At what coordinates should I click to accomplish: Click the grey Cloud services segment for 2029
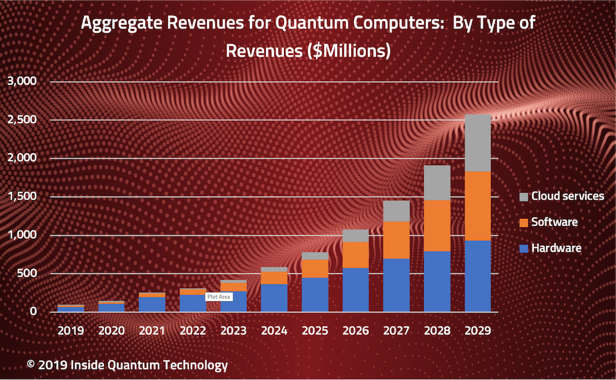[477, 142]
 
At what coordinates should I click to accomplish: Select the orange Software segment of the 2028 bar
[437, 225]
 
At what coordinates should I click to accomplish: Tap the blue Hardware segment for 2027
[396, 285]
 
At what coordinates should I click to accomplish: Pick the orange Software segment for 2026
[355, 255]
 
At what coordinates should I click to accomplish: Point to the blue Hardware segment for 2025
[315, 294]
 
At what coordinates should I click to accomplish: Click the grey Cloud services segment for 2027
[396, 211]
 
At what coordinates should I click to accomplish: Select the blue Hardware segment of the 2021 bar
[152, 304]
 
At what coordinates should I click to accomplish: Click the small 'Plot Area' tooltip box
[219, 296]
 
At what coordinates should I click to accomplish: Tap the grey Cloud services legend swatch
[524, 196]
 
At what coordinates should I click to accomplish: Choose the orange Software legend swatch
[524, 222]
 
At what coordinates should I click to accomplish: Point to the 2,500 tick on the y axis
[22, 119]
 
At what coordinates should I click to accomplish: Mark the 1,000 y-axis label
[22, 235]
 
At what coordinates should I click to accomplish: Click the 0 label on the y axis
[34, 312]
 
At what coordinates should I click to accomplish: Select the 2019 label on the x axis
[71, 331]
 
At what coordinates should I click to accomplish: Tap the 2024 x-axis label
[274, 331]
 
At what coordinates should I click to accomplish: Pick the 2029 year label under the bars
[477, 331]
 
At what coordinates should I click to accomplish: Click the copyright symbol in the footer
[31, 365]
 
